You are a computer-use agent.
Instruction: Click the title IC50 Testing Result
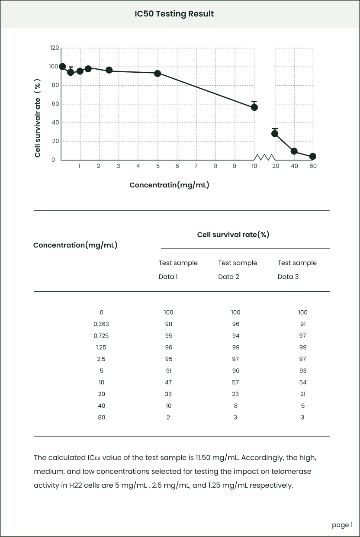pyautogui.click(x=174, y=14)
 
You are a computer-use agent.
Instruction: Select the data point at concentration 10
pyautogui.click(x=254, y=107)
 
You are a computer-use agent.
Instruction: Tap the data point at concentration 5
pyautogui.click(x=157, y=74)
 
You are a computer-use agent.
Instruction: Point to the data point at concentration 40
pyautogui.click(x=294, y=151)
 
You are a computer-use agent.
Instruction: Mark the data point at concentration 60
pyautogui.click(x=313, y=156)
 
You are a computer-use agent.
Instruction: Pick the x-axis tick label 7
pyautogui.click(x=196, y=166)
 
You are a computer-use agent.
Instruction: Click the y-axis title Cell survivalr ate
pyautogui.click(x=38, y=118)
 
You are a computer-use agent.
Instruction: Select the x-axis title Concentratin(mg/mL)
pyautogui.click(x=169, y=185)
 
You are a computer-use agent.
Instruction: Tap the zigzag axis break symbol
pyautogui.click(x=264, y=157)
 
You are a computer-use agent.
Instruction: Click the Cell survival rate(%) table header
pyautogui.click(x=233, y=235)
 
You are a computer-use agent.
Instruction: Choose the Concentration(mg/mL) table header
pyautogui.click(x=75, y=245)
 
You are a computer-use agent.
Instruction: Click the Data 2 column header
pyautogui.click(x=238, y=270)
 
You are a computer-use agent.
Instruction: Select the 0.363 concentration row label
pyautogui.click(x=101, y=324)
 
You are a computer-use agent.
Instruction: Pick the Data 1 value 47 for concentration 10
pyautogui.click(x=168, y=383)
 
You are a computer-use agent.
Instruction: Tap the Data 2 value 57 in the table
pyautogui.click(x=235, y=383)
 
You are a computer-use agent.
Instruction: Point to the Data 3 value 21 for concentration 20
pyautogui.click(x=302, y=394)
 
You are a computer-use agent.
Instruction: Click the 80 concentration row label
pyautogui.click(x=101, y=418)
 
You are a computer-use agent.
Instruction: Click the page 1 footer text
pyautogui.click(x=342, y=525)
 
